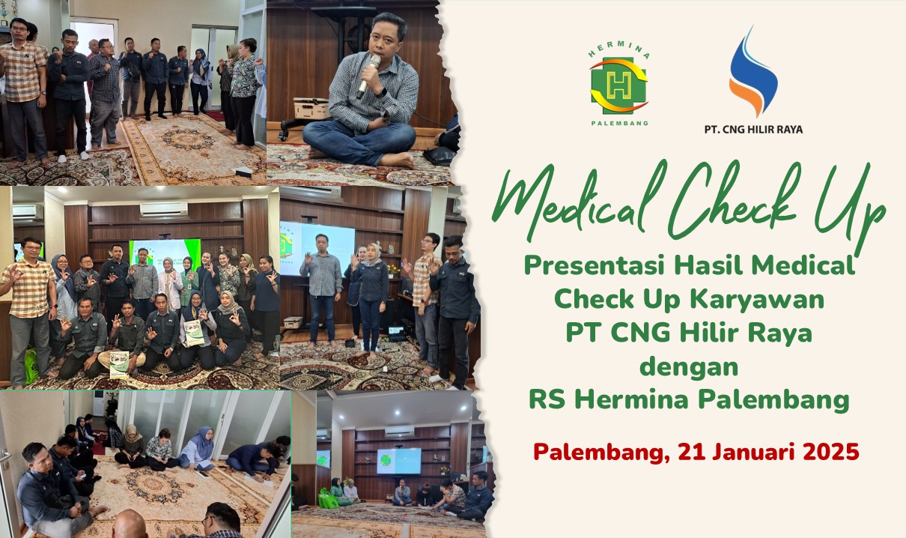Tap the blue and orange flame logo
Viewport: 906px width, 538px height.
point(753,71)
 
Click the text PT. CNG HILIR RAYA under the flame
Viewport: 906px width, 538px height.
point(753,129)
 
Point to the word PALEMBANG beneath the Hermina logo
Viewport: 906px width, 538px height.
point(618,122)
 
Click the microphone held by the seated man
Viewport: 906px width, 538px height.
point(368,76)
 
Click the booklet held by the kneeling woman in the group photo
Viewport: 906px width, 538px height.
point(194,333)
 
